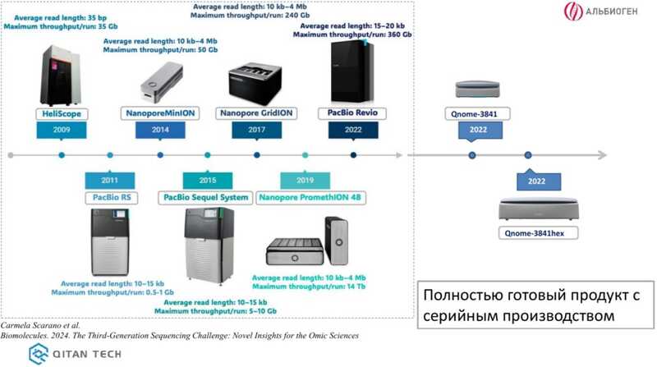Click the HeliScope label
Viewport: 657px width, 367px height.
point(62,113)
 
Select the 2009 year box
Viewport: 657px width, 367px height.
point(62,131)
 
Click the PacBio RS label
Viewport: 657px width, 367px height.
point(110,197)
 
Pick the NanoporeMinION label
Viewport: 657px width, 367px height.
point(160,113)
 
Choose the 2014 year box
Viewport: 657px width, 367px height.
point(160,131)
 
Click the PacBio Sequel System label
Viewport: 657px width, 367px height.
point(206,197)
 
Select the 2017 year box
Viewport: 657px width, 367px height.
point(257,131)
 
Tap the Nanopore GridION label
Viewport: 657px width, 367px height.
point(257,113)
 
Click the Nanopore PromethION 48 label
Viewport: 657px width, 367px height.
point(311,197)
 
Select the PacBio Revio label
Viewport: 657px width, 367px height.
point(353,113)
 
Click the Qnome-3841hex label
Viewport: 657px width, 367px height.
point(538,233)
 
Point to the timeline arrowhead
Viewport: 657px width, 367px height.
point(602,155)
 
